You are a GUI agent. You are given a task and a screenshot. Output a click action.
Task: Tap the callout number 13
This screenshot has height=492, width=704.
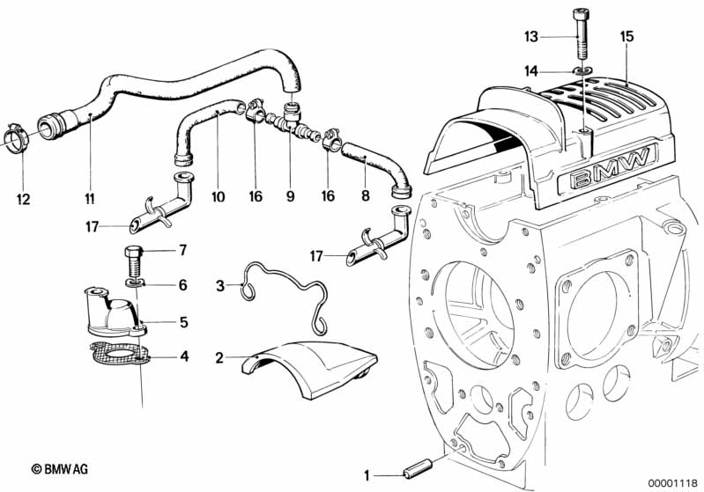(x=530, y=37)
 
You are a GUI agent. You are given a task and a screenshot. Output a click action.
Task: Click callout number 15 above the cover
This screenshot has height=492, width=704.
(x=626, y=37)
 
